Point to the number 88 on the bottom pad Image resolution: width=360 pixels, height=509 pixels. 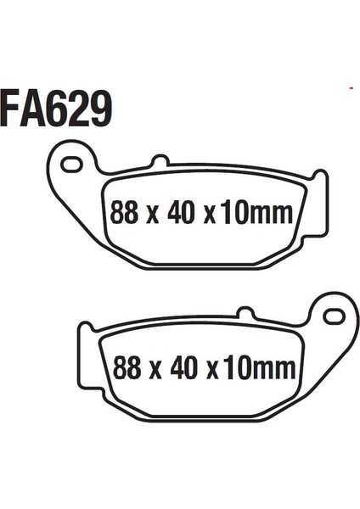click(x=127, y=367)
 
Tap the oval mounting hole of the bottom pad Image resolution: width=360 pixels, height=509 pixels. click(x=334, y=316)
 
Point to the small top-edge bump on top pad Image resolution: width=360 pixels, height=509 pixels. click(x=158, y=160)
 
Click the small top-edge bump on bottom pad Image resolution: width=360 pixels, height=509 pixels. click(x=246, y=314)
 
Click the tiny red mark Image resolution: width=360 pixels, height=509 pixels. click(x=352, y=87)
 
